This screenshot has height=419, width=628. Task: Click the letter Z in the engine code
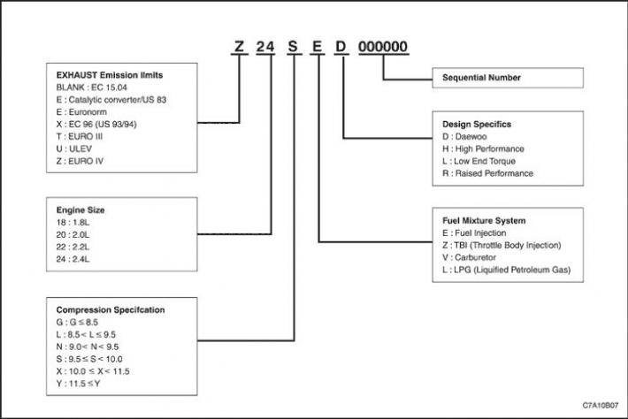[239, 47]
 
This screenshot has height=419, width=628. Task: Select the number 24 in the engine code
[265, 47]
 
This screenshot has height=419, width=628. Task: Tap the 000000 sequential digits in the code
[383, 47]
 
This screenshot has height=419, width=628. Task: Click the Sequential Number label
[481, 78]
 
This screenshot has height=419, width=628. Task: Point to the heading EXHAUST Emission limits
[110, 75]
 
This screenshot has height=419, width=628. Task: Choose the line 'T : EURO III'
[80, 136]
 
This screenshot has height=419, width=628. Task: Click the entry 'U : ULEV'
[74, 149]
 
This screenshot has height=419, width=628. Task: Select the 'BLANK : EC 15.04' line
[92, 88]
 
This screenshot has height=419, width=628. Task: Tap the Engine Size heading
[80, 210]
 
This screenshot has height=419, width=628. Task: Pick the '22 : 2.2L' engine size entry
[73, 247]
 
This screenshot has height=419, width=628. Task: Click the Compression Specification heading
[111, 309]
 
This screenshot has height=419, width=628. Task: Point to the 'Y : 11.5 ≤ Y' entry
[78, 384]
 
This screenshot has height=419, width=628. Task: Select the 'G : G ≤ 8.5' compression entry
[77, 322]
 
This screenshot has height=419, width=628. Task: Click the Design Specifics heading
[477, 124]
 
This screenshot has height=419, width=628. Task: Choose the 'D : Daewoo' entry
[464, 136]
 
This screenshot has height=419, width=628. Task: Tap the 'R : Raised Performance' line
[488, 173]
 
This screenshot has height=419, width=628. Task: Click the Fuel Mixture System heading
[484, 220]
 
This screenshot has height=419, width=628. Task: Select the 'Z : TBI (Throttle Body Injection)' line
[502, 246]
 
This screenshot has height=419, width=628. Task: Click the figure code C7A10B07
[601, 406]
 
